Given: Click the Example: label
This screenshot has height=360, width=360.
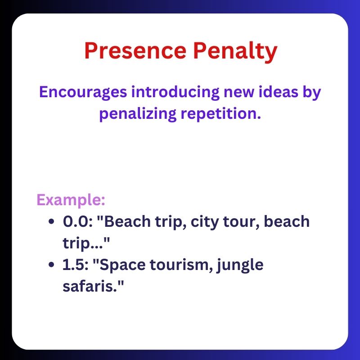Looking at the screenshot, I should click(71, 200).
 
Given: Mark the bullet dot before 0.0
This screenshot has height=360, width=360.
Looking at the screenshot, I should click(52, 222).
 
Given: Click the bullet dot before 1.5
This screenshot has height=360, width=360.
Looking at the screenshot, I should click(52, 265).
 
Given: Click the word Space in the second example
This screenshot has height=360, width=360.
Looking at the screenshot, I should click(120, 265).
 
